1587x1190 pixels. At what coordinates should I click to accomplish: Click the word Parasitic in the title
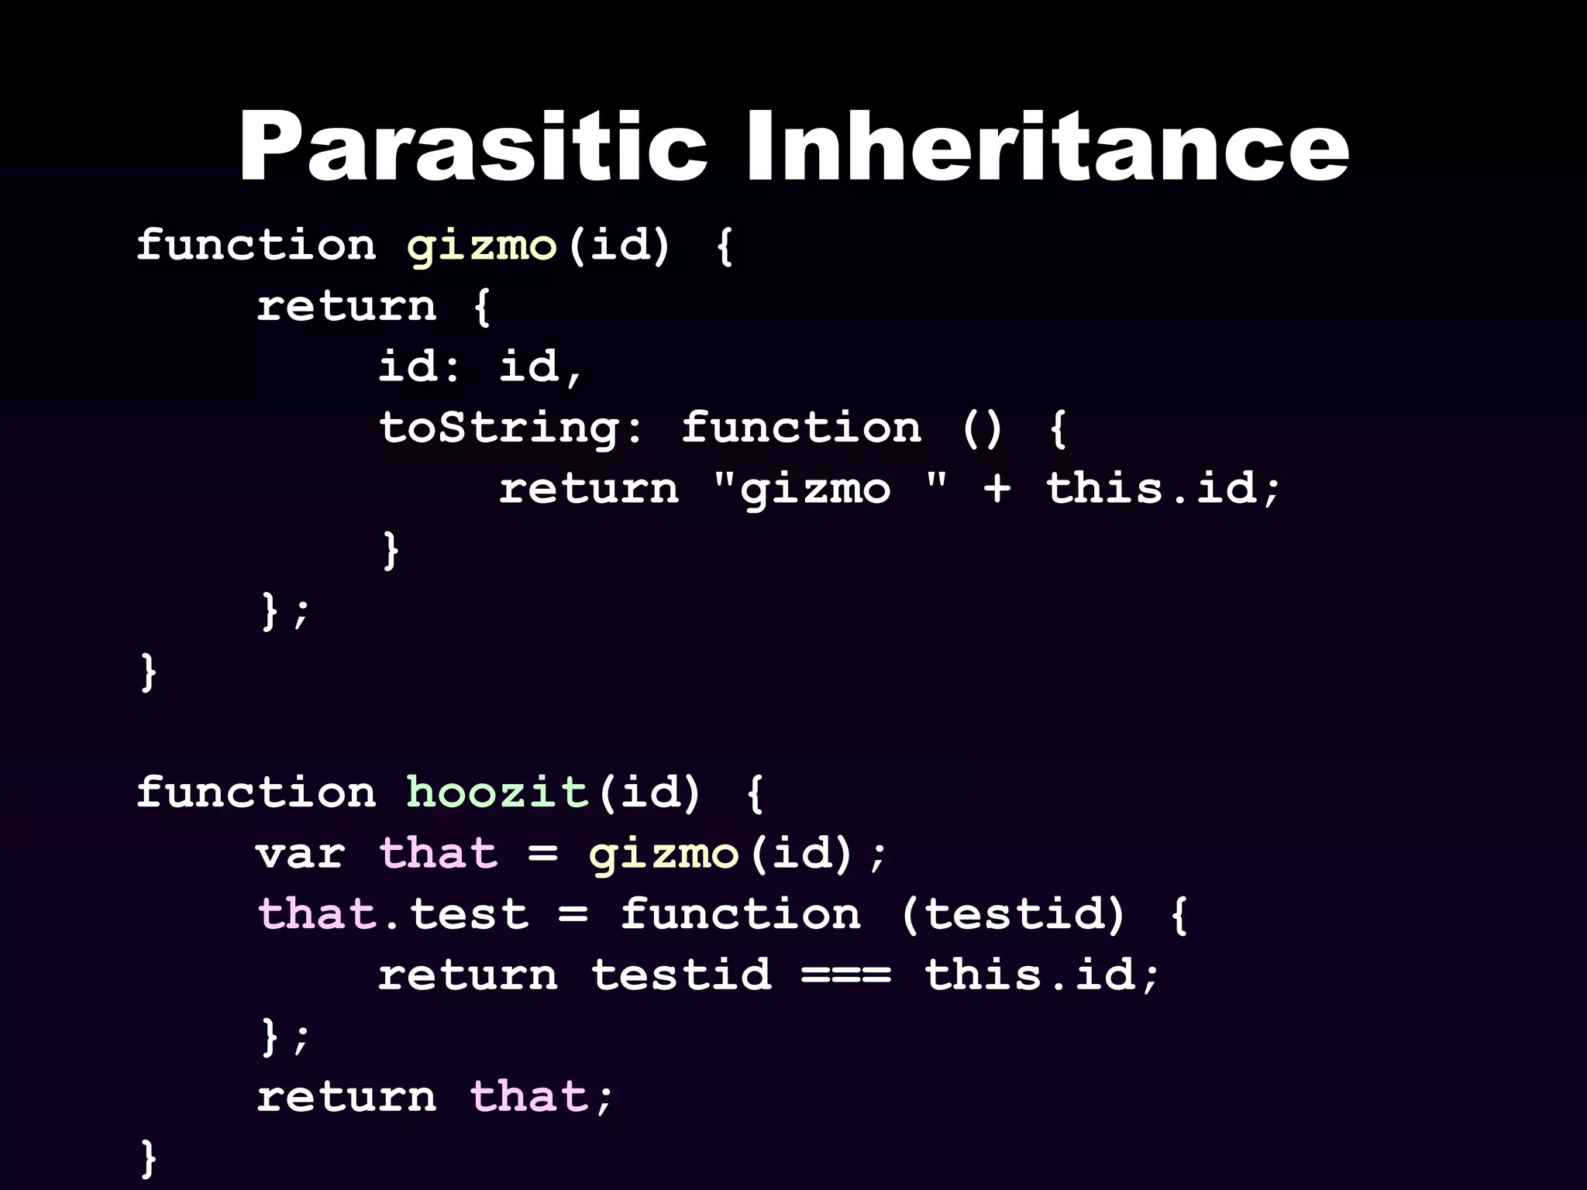[473, 147]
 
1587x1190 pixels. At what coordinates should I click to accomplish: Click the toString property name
[500, 428]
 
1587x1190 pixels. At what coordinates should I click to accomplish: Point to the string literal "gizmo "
[829, 489]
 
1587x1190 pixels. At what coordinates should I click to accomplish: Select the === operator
[846, 975]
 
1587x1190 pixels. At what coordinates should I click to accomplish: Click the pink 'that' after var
[438, 854]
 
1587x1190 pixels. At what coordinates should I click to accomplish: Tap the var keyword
[301, 854]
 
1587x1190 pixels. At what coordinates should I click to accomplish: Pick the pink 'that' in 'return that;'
[528, 1097]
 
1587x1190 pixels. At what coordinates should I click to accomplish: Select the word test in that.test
[468, 915]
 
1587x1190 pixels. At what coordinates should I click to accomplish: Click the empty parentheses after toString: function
[982, 428]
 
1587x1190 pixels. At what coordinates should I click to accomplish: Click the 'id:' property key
[418, 366]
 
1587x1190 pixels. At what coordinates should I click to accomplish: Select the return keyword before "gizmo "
[589, 489]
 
